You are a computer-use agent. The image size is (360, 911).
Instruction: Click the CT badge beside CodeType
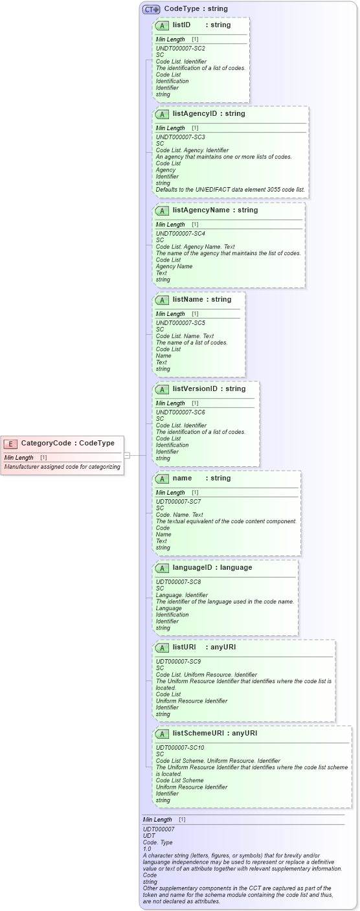pyautogui.click(x=152, y=9)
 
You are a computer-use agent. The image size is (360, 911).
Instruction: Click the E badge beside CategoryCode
pyautogui.click(x=10, y=444)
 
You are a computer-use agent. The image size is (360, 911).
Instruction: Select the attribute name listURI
pyautogui.click(x=184, y=647)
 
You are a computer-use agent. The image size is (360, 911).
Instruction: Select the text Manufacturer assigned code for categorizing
pyautogui.click(x=62, y=467)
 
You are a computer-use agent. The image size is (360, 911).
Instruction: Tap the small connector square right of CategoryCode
pyautogui.click(x=127, y=455)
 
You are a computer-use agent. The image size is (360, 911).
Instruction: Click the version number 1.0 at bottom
pyautogui.click(x=147, y=849)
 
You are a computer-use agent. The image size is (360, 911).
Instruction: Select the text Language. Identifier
pyautogui.click(x=182, y=595)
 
